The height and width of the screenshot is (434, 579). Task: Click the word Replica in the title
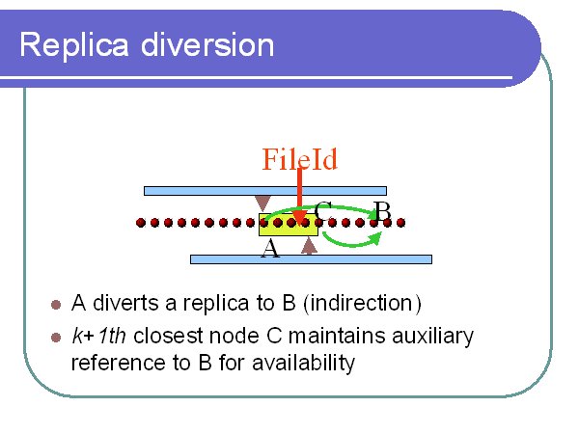(x=74, y=45)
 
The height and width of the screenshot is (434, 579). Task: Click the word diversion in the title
(x=207, y=44)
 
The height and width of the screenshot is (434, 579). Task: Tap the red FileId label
(x=299, y=159)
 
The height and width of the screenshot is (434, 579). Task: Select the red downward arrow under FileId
(x=299, y=197)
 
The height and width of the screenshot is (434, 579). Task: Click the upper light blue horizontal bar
(x=265, y=191)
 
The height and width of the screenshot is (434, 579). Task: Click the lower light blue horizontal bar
(x=311, y=259)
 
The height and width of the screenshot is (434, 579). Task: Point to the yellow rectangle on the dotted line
(x=289, y=225)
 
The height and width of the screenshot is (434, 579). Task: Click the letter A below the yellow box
(x=270, y=248)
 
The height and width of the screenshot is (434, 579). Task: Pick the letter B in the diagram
(x=382, y=211)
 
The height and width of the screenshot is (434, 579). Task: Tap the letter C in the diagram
(x=323, y=210)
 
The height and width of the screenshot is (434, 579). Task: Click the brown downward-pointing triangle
(x=262, y=203)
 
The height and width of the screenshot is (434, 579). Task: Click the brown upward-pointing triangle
(x=309, y=246)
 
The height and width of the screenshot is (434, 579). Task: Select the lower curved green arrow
(x=352, y=243)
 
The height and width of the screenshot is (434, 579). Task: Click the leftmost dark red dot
(x=141, y=223)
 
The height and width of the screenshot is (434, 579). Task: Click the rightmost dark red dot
(x=400, y=223)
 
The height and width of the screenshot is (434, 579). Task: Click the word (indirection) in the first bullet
(x=362, y=304)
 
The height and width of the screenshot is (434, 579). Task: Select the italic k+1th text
(x=98, y=336)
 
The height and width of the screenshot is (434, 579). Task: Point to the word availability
(x=303, y=364)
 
